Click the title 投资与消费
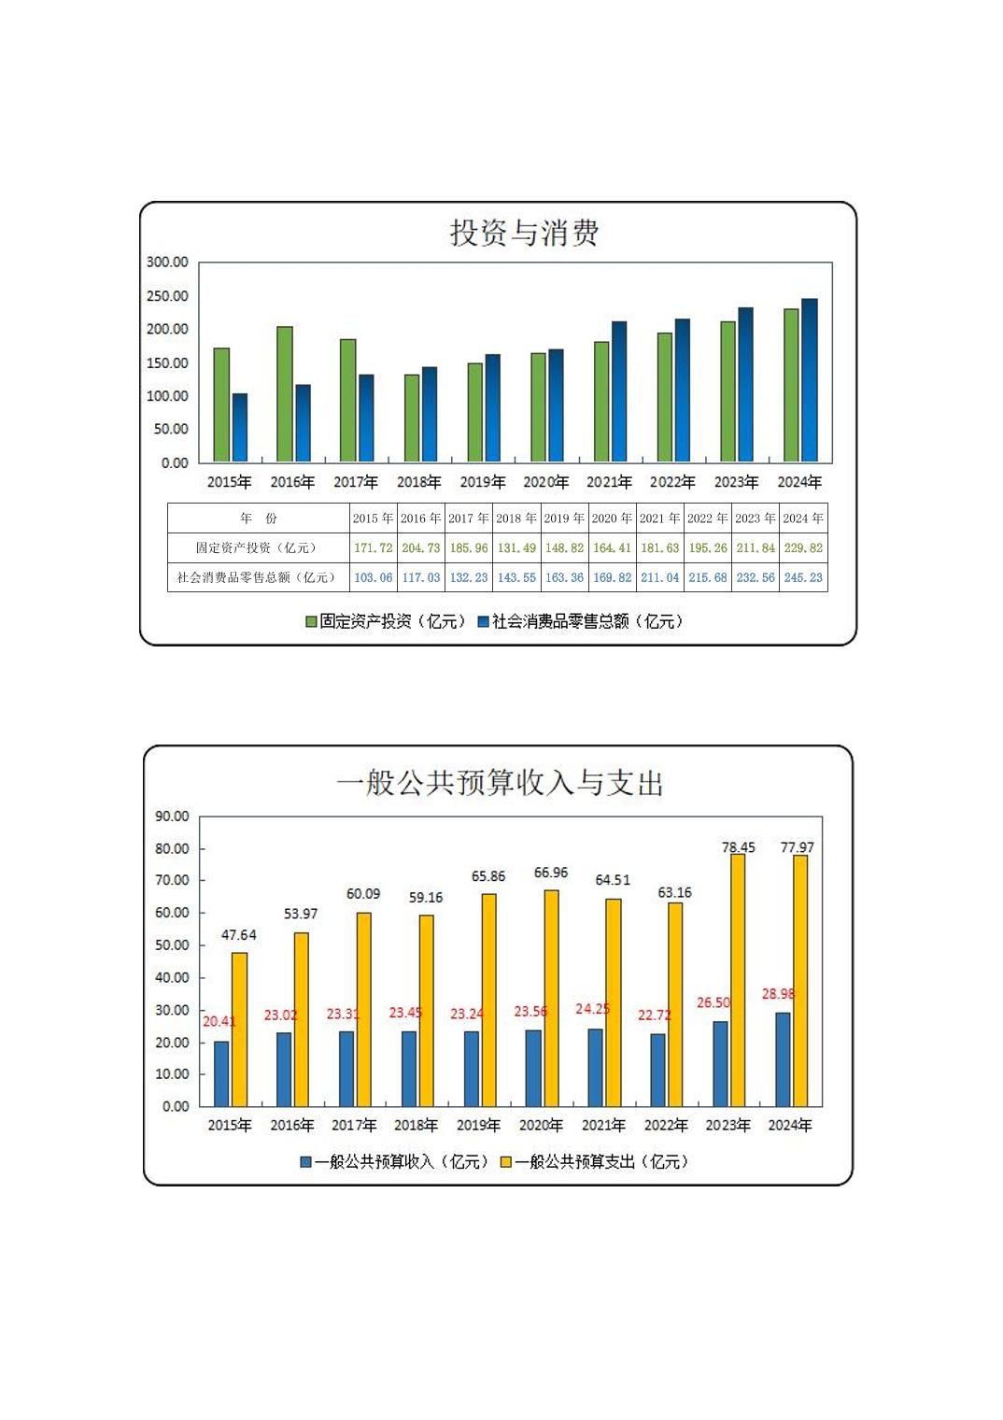[x=524, y=233]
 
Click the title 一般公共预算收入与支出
[x=500, y=783]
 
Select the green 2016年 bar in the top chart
[x=285, y=393]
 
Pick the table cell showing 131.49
[x=516, y=548]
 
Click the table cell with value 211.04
[x=659, y=577]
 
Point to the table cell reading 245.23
[x=803, y=577]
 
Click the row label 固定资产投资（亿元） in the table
[x=257, y=548]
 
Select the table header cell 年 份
[x=259, y=518]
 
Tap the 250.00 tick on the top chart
[x=167, y=296]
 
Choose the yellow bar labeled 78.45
[x=738, y=979]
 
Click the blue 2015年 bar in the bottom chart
[x=221, y=1073]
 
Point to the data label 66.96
[x=551, y=873]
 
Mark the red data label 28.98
[x=778, y=994]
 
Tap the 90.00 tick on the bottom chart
[x=172, y=816]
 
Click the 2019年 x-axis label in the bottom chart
[x=478, y=1126]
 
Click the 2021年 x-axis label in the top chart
[x=609, y=482]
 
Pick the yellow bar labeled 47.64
[x=239, y=1029]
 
